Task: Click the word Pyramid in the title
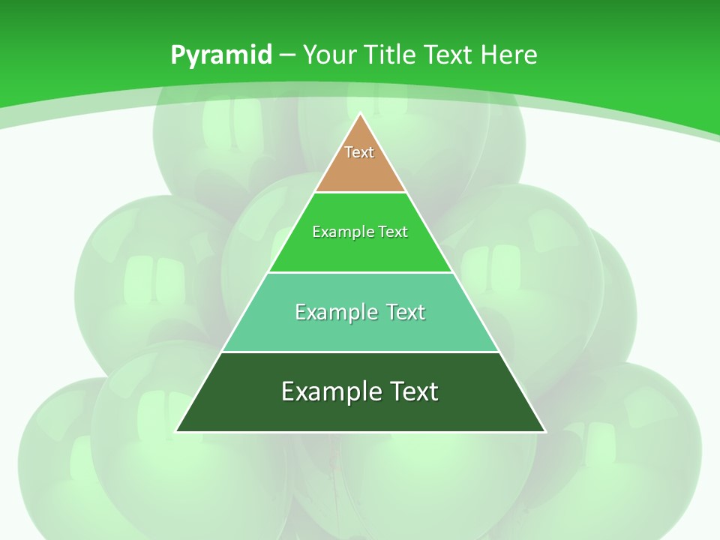(x=220, y=55)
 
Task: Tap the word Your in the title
(x=329, y=55)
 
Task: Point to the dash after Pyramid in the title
(x=286, y=55)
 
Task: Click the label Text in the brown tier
(x=359, y=152)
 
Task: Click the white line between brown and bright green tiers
(x=360, y=192)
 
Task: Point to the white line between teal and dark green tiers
(x=360, y=352)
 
